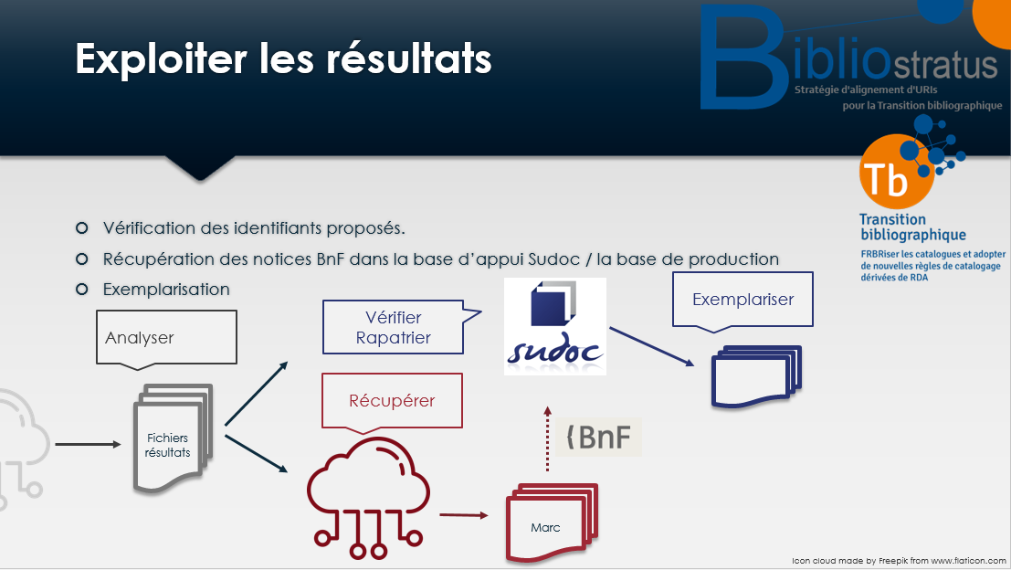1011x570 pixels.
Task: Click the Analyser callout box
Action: pyautogui.click(x=166, y=337)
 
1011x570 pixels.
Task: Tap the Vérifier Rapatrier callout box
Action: pyautogui.click(x=394, y=327)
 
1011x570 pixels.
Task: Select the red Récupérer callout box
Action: pyautogui.click(x=392, y=400)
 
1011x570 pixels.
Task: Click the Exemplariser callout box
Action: pyautogui.click(x=742, y=300)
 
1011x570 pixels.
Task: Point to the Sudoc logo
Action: pyautogui.click(x=555, y=326)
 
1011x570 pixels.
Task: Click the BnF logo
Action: pyautogui.click(x=598, y=438)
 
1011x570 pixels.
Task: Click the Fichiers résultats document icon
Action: pyautogui.click(x=173, y=438)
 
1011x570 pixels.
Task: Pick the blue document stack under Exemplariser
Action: pyautogui.click(x=756, y=376)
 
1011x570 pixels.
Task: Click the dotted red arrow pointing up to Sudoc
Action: pyautogui.click(x=547, y=439)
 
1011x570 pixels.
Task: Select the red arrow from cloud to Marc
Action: pyautogui.click(x=464, y=515)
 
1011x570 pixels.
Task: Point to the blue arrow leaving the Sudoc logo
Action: pyautogui.click(x=652, y=347)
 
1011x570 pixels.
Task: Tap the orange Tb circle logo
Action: pyautogui.click(x=896, y=172)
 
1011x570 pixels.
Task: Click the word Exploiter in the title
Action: pyautogui.click(x=161, y=60)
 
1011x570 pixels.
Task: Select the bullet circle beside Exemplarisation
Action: pyautogui.click(x=82, y=289)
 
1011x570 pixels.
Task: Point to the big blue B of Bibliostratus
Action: pyautogui.click(x=742, y=57)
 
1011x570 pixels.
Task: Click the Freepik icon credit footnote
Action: pyautogui.click(x=899, y=561)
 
